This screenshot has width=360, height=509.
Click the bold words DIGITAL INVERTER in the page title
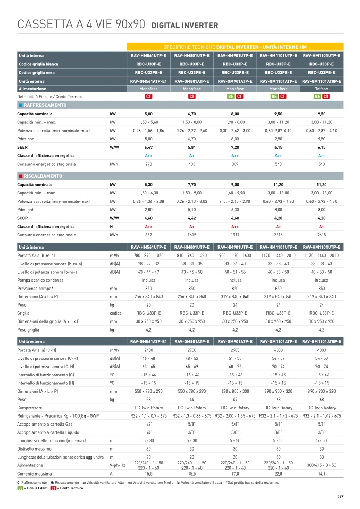(x=185, y=26)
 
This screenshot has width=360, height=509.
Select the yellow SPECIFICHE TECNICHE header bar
(x=235, y=47)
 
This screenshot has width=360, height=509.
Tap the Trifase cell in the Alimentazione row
(x=321, y=89)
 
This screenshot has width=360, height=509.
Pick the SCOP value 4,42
(x=192, y=218)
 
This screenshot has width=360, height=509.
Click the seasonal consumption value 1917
(x=235, y=234)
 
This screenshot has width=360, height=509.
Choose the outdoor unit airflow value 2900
(x=235, y=350)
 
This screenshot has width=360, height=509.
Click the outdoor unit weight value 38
(x=148, y=398)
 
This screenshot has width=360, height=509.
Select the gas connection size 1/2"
(x=148, y=424)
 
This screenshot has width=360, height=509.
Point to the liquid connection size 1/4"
(x=148, y=432)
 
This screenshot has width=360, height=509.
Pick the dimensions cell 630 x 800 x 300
(x=235, y=391)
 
